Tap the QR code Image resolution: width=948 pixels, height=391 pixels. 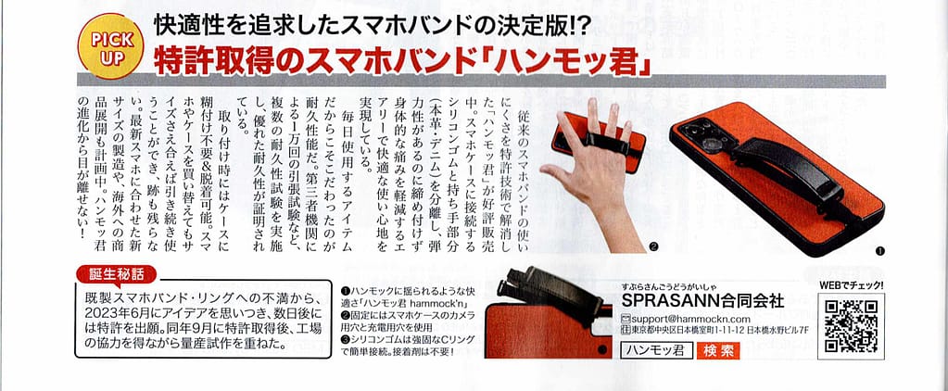[x=851, y=326]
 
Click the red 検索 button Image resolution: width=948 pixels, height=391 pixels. [x=718, y=350]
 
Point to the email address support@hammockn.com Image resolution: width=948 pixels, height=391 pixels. [x=682, y=319]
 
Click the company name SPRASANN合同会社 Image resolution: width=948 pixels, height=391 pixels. [x=703, y=300]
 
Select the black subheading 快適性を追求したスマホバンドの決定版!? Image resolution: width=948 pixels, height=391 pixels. [x=373, y=24]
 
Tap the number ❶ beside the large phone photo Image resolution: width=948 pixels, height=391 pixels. [x=879, y=249]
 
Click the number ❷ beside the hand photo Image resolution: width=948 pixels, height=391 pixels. [x=652, y=246]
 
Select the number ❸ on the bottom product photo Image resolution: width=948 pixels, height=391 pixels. [x=601, y=348]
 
